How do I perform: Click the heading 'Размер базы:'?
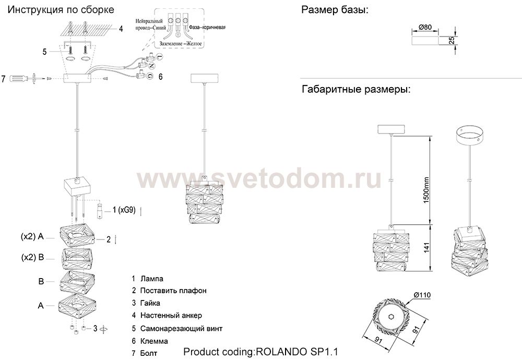[334, 10]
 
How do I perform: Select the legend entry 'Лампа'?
[151, 279]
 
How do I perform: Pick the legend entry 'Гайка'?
[150, 303]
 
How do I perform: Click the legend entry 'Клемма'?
[154, 341]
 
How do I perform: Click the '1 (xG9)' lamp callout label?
[123, 210]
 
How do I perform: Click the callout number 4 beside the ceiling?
[121, 29]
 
